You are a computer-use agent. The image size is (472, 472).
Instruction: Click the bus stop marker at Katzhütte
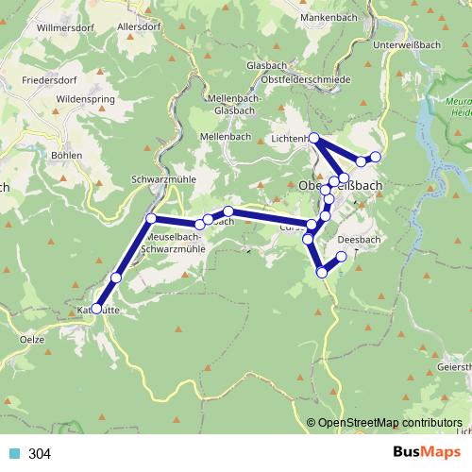[96, 309]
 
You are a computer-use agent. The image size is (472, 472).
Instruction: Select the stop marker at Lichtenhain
[314, 139]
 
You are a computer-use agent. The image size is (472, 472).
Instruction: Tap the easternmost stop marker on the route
[376, 156]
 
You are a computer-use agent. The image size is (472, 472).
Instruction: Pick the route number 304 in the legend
[40, 453]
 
